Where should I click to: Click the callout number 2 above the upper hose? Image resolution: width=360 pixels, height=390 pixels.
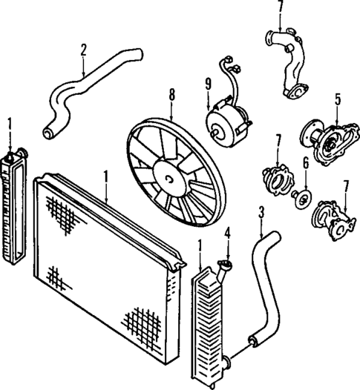84,50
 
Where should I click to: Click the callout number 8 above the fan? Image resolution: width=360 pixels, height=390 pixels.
171,95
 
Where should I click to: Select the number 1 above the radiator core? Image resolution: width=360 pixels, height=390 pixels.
106,176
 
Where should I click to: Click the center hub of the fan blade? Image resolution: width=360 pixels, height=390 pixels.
170,179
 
